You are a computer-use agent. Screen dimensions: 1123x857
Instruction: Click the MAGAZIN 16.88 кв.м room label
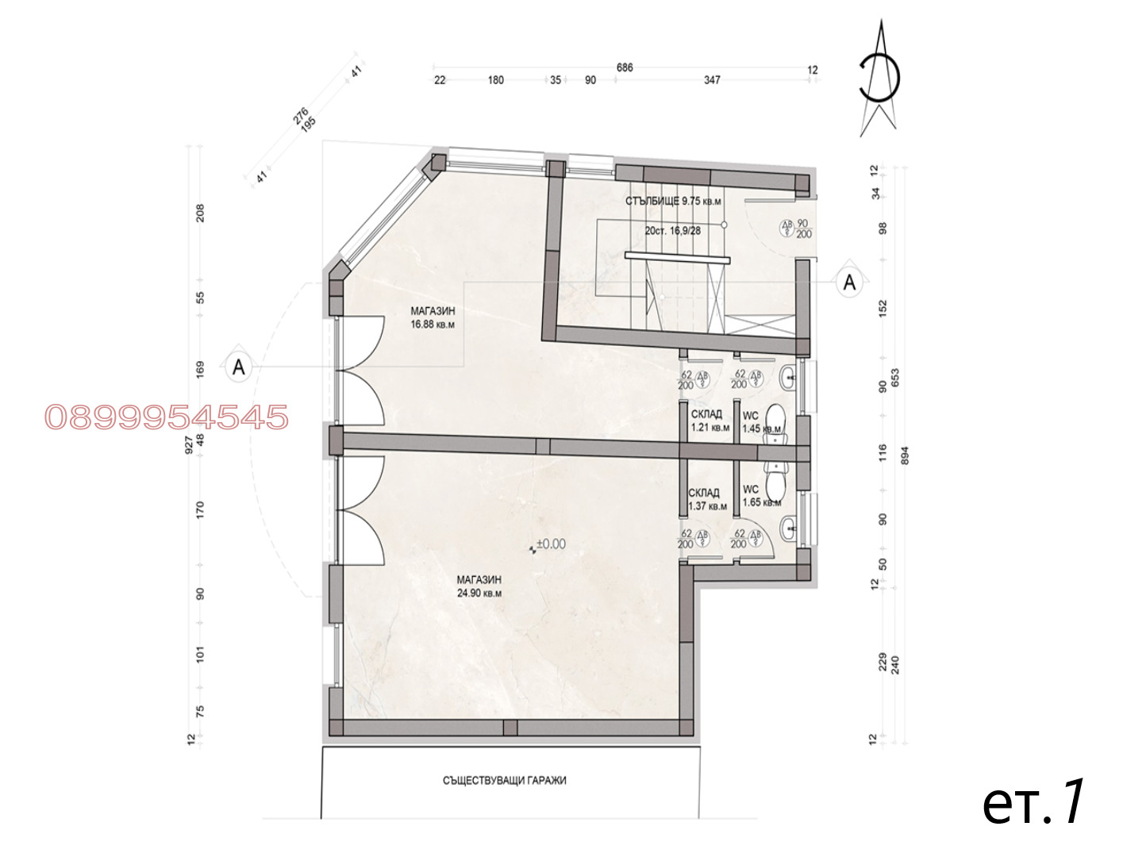click(x=433, y=317)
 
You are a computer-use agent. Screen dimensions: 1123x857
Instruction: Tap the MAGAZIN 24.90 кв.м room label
click(x=479, y=586)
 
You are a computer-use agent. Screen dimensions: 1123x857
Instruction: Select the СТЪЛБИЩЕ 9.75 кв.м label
click(x=673, y=201)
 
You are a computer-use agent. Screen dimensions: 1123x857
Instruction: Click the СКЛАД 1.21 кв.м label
click(x=710, y=421)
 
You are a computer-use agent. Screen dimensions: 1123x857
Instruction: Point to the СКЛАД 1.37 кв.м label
click(x=707, y=500)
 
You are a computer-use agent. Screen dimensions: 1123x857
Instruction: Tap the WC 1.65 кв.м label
click(x=761, y=496)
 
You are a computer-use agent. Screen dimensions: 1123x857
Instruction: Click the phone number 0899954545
click(x=167, y=417)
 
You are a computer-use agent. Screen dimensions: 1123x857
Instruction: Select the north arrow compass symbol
click(x=879, y=79)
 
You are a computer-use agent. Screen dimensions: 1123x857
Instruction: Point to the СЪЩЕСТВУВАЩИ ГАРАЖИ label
click(x=505, y=781)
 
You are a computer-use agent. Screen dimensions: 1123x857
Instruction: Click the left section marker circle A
click(x=238, y=367)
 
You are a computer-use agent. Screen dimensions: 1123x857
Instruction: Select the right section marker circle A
click(x=849, y=282)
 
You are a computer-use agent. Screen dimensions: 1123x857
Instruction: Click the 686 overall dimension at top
click(x=625, y=67)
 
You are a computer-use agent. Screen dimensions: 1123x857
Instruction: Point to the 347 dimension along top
click(x=712, y=80)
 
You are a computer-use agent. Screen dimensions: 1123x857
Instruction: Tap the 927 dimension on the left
click(x=189, y=445)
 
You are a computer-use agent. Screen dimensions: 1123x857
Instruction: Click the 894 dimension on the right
click(x=905, y=456)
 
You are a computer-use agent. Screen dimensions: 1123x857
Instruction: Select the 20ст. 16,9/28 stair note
click(x=673, y=231)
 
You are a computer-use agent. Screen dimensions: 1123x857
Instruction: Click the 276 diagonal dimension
click(x=300, y=116)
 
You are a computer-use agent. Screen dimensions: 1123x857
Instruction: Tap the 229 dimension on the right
click(x=882, y=662)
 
